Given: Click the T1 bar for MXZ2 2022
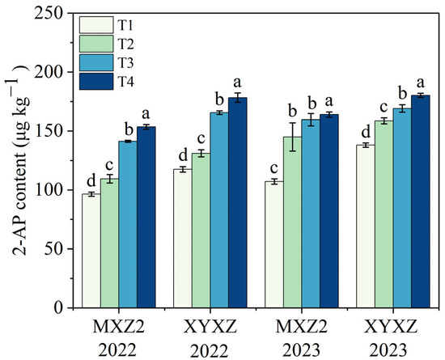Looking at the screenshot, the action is click(x=91, y=251).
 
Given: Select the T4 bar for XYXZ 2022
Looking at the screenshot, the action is click(x=238, y=202).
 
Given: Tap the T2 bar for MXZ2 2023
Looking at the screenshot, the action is click(x=293, y=222).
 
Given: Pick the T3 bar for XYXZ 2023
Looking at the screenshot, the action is click(x=402, y=208).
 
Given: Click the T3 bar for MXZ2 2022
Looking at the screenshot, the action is click(x=128, y=224).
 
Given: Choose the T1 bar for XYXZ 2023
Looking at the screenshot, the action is click(x=366, y=227).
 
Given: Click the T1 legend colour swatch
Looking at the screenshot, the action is click(x=96, y=25).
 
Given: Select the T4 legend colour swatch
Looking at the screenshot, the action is click(x=96, y=82).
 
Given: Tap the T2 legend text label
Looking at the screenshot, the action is click(x=125, y=44).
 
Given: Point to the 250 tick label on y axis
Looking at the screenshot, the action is click(x=53, y=13).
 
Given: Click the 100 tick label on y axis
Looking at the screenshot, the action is click(x=53, y=190).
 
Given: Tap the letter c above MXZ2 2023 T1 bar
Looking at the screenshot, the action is click(x=273, y=168).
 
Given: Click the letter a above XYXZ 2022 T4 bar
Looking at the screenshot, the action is click(x=238, y=83).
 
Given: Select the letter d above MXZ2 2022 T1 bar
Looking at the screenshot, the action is click(x=91, y=180).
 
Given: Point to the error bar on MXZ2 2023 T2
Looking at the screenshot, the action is click(x=293, y=137).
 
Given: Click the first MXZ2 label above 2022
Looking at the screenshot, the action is click(x=119, y=327).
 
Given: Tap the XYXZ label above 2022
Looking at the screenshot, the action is click(x=210, y=327).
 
